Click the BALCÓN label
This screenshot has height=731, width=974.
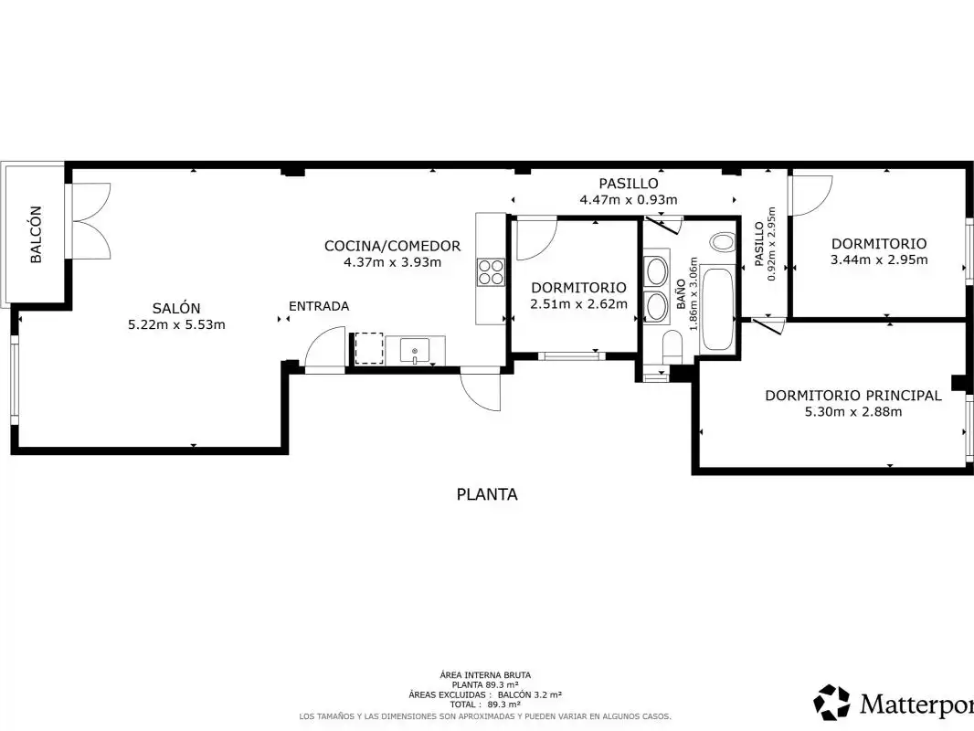[36, 234]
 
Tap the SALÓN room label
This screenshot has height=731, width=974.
[176, 308]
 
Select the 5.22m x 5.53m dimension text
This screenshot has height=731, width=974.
[176, 324]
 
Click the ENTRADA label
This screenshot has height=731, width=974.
[319, 306]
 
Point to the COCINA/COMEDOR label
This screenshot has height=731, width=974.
[393, 246]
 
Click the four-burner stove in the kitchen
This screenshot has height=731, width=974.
[490, 272]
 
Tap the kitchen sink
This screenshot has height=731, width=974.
[414, 351]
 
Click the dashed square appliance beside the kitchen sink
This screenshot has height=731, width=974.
[369, 348]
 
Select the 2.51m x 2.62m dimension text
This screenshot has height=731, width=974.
[578, 303]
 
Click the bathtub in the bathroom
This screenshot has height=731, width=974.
[717, 309]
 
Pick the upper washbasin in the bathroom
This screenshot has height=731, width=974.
[657, 270]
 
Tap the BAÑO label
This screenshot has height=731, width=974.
[682, 294]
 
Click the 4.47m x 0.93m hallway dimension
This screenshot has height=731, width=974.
[628, 200]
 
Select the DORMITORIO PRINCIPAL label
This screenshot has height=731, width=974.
[852, 396]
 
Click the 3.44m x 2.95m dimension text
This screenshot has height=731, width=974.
[879, 260]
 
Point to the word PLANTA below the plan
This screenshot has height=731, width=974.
[487, 494]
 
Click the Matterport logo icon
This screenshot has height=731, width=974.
[831, 703]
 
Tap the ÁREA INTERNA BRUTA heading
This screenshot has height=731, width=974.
[485, 675]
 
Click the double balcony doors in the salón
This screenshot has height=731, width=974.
[91, 220]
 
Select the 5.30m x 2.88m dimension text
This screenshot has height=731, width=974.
[852, 411]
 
